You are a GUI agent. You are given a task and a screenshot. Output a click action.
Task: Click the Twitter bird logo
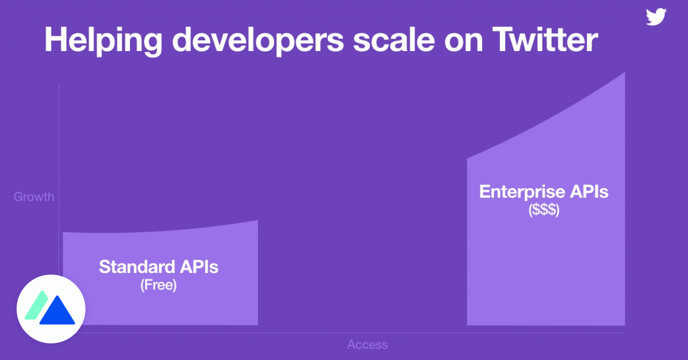[x=656, y=17]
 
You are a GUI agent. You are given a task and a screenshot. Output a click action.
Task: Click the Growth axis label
[x=34, y=197]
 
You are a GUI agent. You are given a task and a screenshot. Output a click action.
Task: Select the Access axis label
[x=368, y=345]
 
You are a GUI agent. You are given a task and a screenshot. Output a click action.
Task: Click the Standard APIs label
[x=159, y=267]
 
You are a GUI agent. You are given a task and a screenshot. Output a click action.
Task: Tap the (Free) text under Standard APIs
[x=159, y=285]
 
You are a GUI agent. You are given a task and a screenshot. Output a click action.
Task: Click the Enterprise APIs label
[x=544, y=191]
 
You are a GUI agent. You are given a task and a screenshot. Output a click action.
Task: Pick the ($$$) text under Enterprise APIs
[x=544, y=210]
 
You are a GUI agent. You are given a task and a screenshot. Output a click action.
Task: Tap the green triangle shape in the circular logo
[x=38, y=304]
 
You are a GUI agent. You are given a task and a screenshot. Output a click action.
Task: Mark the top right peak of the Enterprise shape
[x=624, y=74]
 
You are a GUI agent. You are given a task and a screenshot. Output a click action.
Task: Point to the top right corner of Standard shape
[x=257, y=221]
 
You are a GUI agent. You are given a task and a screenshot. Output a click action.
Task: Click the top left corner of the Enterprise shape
[x=468, y=159]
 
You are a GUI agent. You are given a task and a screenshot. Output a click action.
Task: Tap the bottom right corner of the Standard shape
[x=257, y=324]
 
